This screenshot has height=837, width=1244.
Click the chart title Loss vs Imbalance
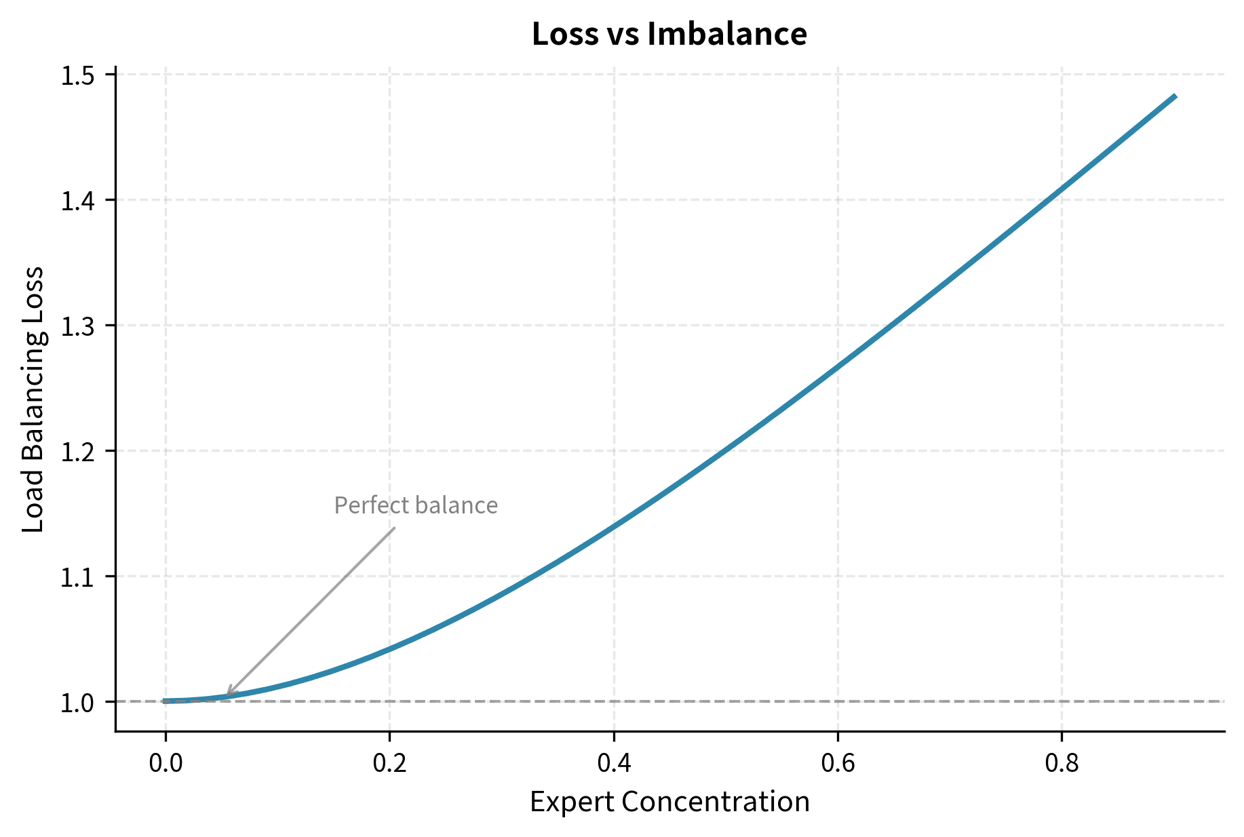(669, 34)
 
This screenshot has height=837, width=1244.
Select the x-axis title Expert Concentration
(669, 802)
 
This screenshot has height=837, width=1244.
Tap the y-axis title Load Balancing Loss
(33, 399)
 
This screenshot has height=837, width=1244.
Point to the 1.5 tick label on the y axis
(77, 75)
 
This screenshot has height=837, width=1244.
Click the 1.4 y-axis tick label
(77, 201)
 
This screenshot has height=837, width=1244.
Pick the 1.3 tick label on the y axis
(77, 326)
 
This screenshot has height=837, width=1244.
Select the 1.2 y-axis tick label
(77, 452)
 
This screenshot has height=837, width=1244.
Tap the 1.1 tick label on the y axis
(77, 577)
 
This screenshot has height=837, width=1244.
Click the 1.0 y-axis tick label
(77, 703)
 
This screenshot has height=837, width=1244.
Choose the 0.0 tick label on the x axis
(166, 763)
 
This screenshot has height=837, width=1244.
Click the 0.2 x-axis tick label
(389, 763)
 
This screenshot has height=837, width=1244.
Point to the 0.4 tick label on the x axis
(613, 763)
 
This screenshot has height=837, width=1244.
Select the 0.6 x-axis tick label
(838, 763)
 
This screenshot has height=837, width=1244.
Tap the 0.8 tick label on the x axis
(1062, 763)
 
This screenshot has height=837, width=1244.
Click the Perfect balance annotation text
(416, 506)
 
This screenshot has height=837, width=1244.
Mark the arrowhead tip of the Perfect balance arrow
(227, 696)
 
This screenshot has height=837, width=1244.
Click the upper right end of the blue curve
(1175, 96)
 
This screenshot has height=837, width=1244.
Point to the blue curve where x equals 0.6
(838, 366)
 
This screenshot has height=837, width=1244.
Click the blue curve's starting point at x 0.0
(166, 701)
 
